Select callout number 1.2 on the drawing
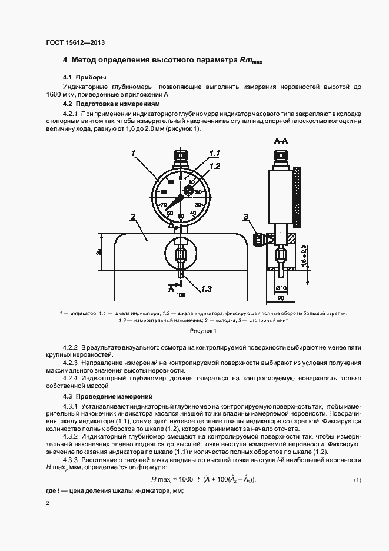[x=215, y=166]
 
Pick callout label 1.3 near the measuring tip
[x=205, y=288]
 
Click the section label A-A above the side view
[x=281, y=141]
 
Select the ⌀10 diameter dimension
[x=281, y=288]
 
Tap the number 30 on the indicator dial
[x=198, y=204]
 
